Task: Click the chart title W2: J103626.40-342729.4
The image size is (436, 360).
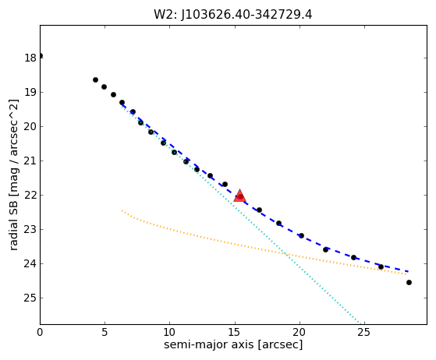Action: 233,14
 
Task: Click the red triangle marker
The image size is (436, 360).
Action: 239,196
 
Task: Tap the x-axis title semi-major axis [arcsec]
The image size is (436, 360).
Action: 233,344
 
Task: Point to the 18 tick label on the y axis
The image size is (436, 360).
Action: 30,58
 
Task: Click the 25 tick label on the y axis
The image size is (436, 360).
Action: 30,298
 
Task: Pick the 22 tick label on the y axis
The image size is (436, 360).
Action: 30,196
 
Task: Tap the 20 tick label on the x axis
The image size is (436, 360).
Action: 300,332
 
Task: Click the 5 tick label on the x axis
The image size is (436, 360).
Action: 105,332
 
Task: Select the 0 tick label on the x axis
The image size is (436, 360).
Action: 40,332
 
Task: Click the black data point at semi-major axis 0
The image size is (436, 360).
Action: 41,56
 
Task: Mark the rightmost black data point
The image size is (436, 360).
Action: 409,283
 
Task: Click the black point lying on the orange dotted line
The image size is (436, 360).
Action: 381,267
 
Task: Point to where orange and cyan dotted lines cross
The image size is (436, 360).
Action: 285,254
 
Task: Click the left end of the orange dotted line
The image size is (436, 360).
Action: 122,210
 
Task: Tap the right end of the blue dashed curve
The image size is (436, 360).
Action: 408,271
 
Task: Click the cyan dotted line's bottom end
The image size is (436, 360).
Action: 360,323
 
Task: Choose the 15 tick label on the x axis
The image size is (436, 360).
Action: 235,332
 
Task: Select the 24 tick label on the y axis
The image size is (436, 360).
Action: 30,263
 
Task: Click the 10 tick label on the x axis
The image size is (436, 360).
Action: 169,332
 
